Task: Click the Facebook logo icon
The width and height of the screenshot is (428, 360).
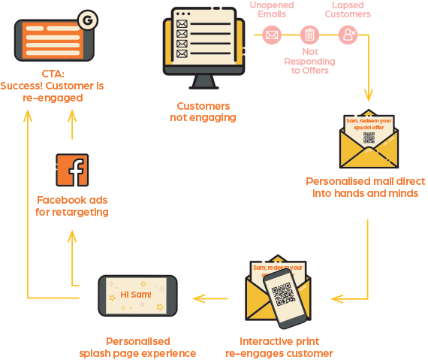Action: click(x=73, y=170)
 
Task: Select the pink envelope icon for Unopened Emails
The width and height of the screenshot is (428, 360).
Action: click(x=272, y=35)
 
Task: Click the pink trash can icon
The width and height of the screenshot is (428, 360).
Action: click(x=309, y=35)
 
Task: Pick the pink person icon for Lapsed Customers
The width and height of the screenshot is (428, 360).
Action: click(x=347, y=35)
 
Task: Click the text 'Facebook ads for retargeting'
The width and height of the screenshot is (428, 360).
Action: click(x=73, y=206)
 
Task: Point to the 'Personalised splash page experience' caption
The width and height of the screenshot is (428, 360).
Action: click(x=137, y=347)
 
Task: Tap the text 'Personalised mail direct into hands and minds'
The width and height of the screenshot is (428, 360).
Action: click(x=365, y=188)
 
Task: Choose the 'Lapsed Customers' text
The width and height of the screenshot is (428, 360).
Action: click(x=348, y=10)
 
